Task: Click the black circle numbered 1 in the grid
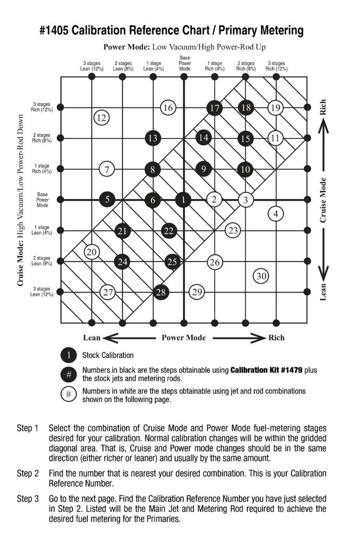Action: [184, 200]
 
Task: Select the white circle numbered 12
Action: [101, 117]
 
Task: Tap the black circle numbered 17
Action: [214, 108]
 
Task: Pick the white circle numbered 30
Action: [261, 276]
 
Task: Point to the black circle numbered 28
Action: [161, 292]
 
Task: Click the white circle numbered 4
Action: [276, 214]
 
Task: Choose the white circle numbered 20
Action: [92, 252]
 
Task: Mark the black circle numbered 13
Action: [153, 138]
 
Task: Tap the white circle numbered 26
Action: [214, 262]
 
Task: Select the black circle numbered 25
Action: [172, 262]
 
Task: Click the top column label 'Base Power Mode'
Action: [185, 63]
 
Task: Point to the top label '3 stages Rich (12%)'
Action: [276, 65]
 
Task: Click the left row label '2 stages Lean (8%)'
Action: [41, 260]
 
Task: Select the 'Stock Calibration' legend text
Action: [108, 356]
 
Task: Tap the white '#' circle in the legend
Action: [69, 395]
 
